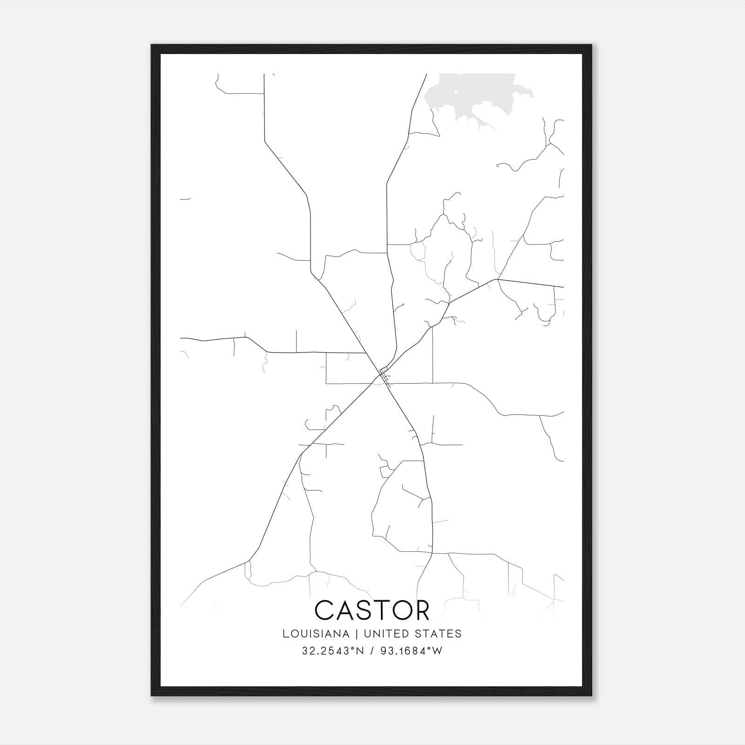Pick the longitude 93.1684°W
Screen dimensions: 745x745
tap(412, 651)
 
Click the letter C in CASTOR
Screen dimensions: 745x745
tap(324, 610)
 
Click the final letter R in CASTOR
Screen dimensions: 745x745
tap(421, 610)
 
